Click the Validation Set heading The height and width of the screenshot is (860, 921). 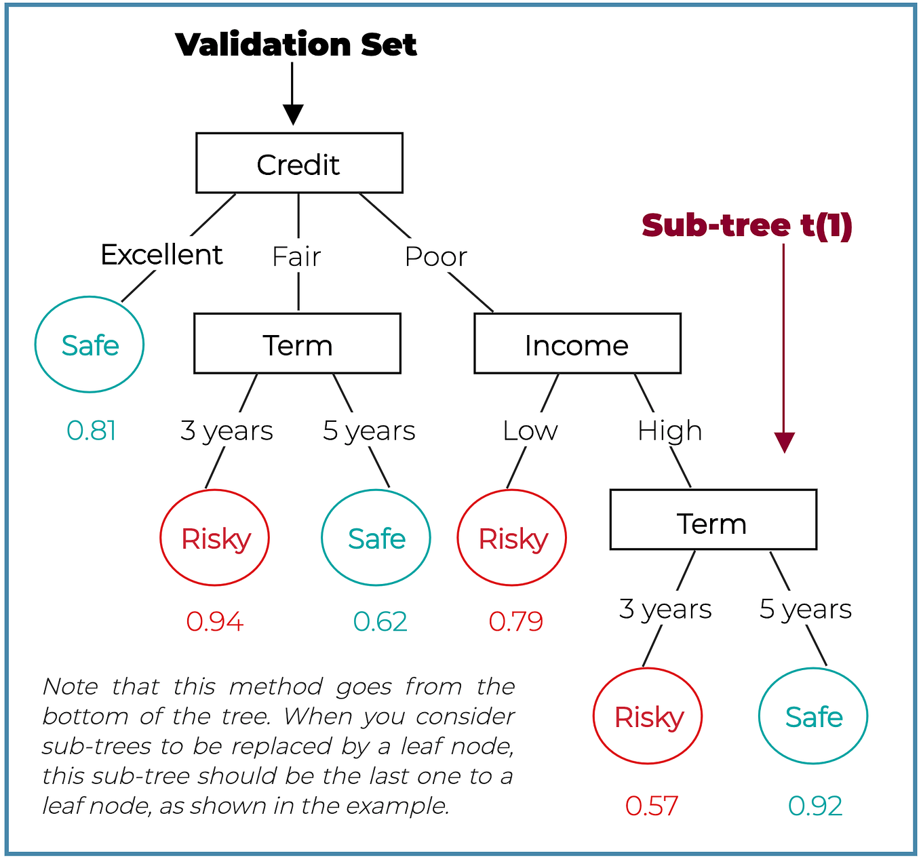tap(296, 45)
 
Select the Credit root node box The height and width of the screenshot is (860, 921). tap(299, 163)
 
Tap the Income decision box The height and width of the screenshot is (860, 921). tap(577, 344)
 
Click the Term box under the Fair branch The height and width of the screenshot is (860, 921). tap(297, 344)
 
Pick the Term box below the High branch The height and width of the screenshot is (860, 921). tap(713, 520)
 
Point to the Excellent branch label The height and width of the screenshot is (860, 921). tap(161, 255)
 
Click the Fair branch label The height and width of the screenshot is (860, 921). tap(296, 257)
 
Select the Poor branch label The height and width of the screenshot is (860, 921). tap(435, 257)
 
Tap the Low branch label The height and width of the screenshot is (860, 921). tap(530, 431)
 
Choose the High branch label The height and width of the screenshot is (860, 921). tap(669, 431)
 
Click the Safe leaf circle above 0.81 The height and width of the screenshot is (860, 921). tap(90, 345)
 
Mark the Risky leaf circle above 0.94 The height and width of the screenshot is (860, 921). tap(215, 538)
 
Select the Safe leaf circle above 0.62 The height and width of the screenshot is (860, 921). tap(376, 538)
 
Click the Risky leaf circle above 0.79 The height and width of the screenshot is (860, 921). tap(512, 538)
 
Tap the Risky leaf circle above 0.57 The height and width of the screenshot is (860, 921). tap(648, 716)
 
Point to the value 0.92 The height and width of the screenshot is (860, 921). tap(815, 806)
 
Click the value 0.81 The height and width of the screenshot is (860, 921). tap(92, 431)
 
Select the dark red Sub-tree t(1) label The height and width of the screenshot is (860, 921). tap(747, 226)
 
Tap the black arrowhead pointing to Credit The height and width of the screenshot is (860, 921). tap(293, 115)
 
